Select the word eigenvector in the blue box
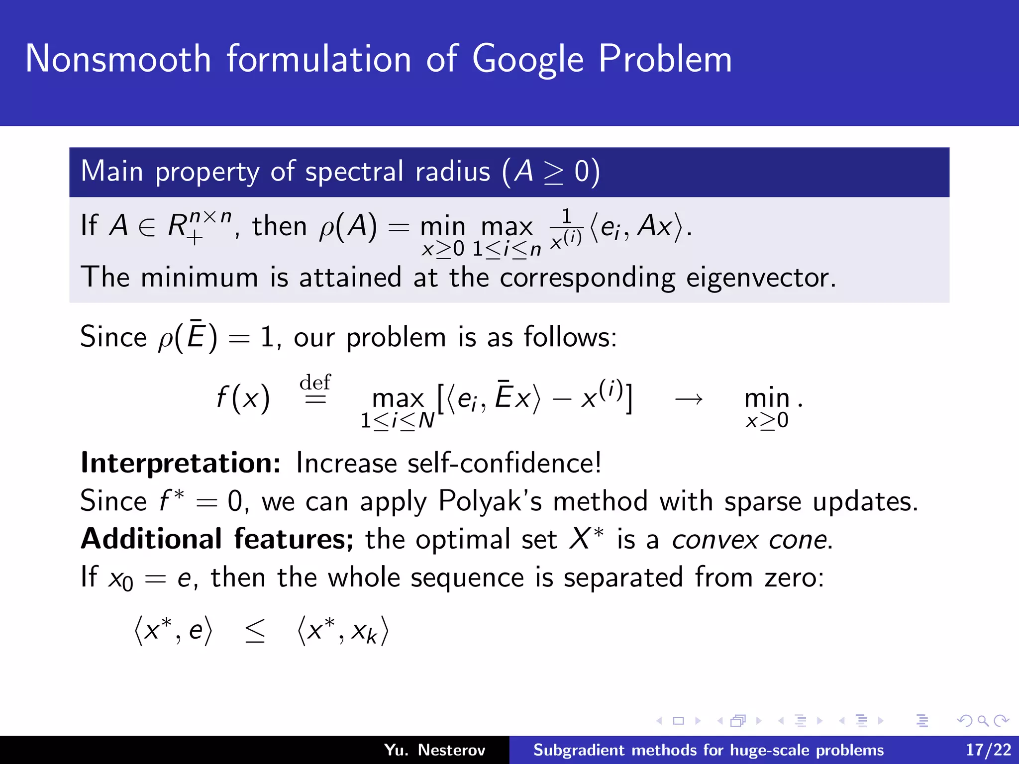760,278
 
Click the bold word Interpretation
181,463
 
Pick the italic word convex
714,540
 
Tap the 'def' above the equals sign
315,382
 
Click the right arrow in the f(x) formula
689,398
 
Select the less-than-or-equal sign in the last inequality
255,632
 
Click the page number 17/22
988,750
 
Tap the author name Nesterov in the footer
451,750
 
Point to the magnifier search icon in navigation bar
982,721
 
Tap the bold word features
293,539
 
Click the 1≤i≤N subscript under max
397,421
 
